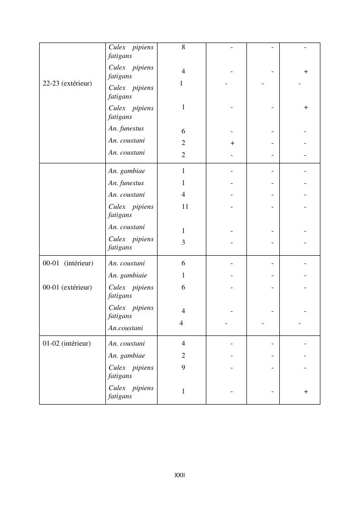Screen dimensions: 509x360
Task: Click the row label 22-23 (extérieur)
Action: tap(67, 84)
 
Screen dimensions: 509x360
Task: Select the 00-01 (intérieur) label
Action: tap(68, 263)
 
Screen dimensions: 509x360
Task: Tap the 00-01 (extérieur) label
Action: tap(67, 287)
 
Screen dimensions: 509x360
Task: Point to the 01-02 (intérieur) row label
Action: tap(67, 344)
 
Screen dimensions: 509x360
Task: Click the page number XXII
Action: tap(179, 475)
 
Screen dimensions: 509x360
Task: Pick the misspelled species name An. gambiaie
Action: tap(128, 276)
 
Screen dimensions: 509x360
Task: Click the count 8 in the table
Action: tap(183, 47)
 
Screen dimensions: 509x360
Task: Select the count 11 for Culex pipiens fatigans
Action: tap(185, 206)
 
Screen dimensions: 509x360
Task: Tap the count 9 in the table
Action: tap(183, 367)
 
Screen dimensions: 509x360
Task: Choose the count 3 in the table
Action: tap(183, 242)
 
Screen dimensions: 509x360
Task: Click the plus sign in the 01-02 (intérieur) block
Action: tap(305, 392)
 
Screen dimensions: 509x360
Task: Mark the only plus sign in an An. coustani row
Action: tap(232, 143)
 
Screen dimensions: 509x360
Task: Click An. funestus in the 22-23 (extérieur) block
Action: tap(126, 129)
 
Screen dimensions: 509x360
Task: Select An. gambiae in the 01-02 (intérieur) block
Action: tap(127, 356)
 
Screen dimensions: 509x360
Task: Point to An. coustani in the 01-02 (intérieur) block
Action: tap(127, 344)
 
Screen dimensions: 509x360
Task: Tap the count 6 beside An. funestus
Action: tap(183, 131)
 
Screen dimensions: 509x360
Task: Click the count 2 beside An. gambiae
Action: tap(183, 356)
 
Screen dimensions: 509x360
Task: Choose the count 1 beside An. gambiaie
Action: tap(183, 276)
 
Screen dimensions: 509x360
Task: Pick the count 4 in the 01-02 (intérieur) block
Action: tap(183, 344)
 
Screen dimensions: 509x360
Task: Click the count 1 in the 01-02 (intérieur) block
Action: tap(183, 392)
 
